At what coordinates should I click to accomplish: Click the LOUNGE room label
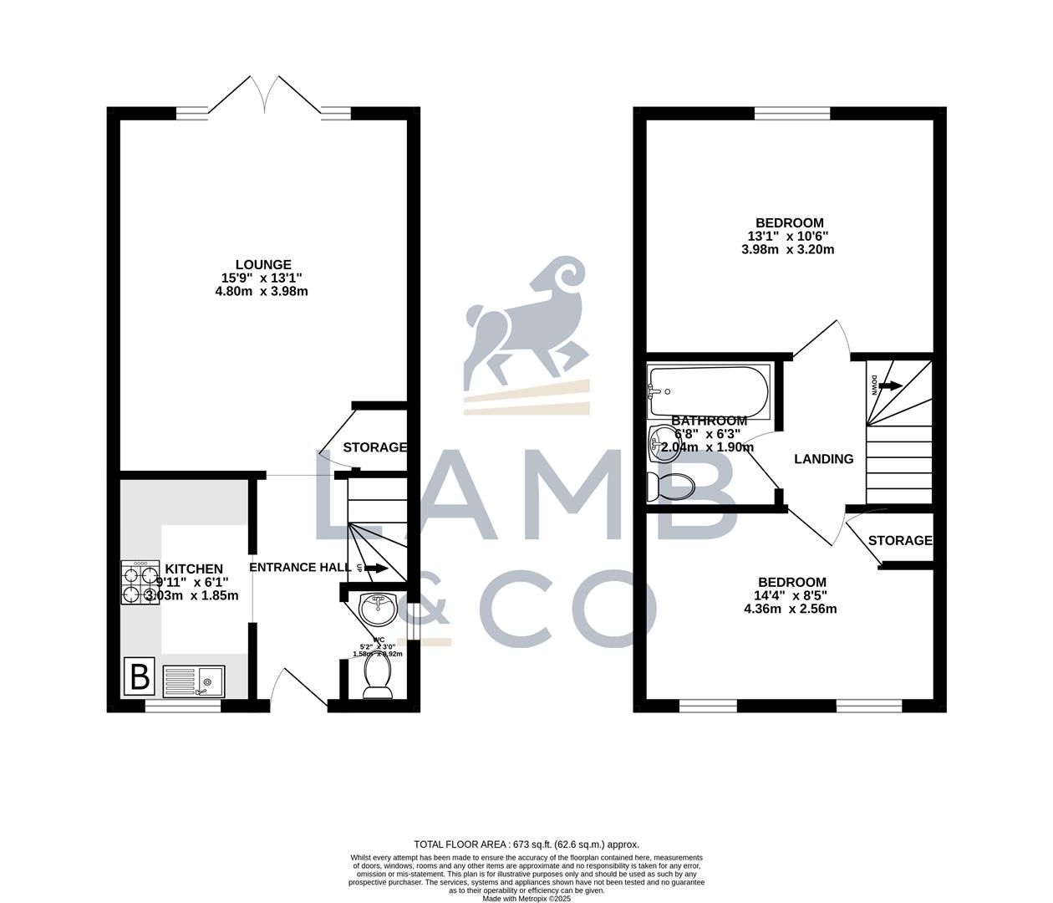pos(263,265)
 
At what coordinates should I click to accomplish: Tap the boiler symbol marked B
pos(140,676)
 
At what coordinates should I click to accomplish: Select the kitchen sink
pos(194,681)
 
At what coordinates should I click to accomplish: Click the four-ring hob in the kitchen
pos(140,582)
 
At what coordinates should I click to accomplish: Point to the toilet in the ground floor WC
pos(378,679)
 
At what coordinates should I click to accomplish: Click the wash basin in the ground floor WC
pos(378,608)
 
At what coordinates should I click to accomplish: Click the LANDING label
pos(823,459)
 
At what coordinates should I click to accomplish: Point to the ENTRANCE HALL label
pos(301,567)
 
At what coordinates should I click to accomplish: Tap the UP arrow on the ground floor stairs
pos(374,569)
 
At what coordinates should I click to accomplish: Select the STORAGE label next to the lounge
pos(374,447)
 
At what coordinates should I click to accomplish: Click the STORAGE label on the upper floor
pos(899,541)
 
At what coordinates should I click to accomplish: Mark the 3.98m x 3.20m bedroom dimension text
pos(787,249)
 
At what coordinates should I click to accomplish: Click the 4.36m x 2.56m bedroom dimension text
pos(790,609)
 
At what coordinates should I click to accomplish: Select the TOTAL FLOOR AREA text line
pos(526,844)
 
